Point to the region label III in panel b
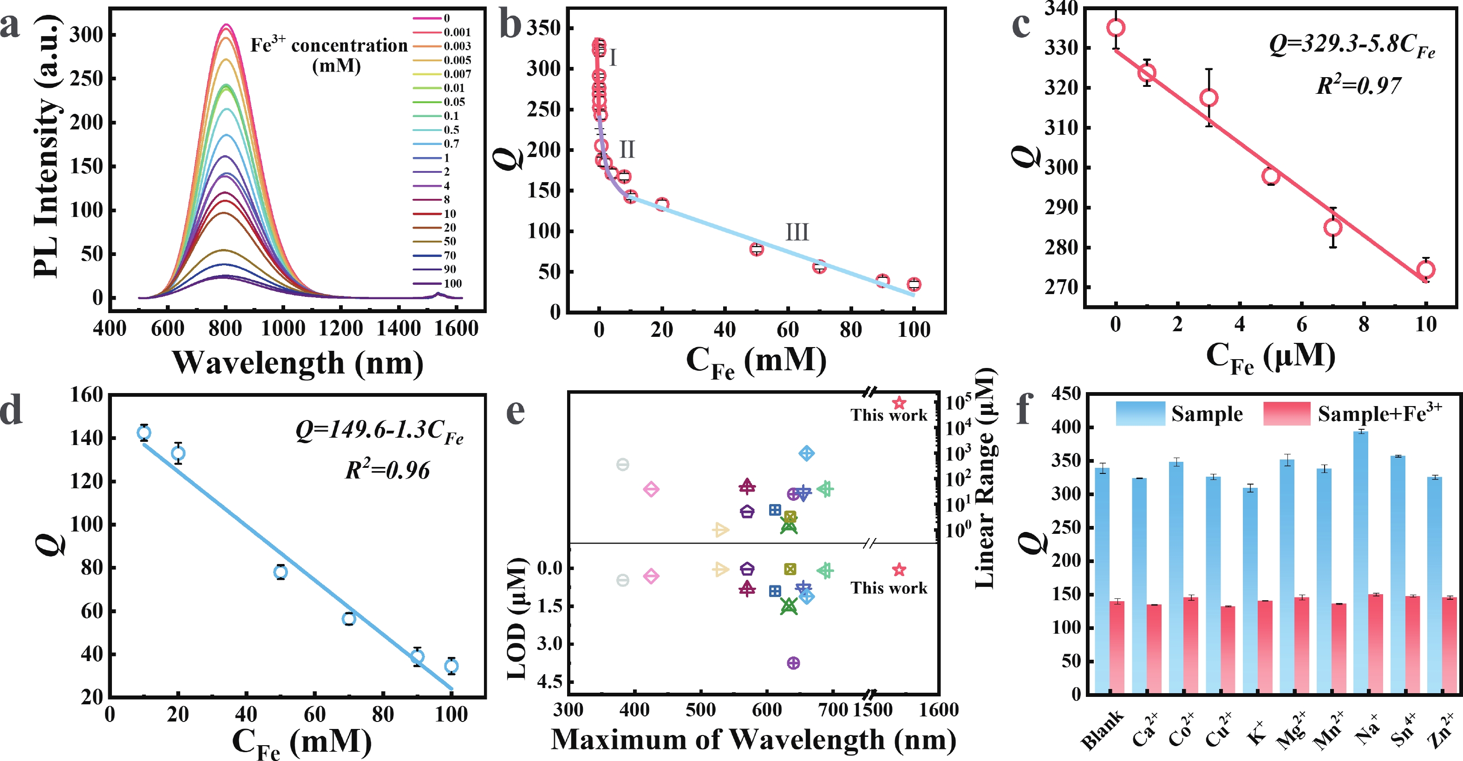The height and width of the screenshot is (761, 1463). (x=797, y=232)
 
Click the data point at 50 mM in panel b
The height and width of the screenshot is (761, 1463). (x=757, y=249)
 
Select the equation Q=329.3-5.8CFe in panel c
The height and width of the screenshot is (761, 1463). (x=1352, y=46)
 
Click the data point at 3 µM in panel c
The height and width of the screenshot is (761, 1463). (x=1209, y=98)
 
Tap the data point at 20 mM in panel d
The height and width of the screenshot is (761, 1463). (x=178, y=453)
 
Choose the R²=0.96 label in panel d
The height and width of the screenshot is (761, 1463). (x=387, y=470)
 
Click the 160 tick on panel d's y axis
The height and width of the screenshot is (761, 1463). (x=86, y=395)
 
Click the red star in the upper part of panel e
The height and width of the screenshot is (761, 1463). (x=899, y=403)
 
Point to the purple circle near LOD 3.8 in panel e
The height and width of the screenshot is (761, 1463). (x=793, y=663)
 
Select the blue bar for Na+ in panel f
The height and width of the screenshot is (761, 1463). (x=1360, y=562)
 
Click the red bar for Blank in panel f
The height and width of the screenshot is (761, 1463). (x=1117, y=648)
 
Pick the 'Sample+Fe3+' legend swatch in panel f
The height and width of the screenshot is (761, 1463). (x=1287, y=414)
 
